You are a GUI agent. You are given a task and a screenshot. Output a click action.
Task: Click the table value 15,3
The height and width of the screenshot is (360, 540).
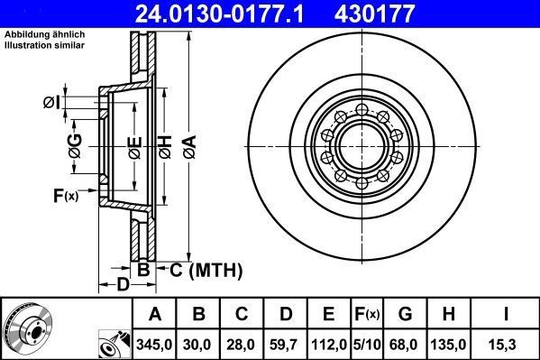(x=507, y=344)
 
